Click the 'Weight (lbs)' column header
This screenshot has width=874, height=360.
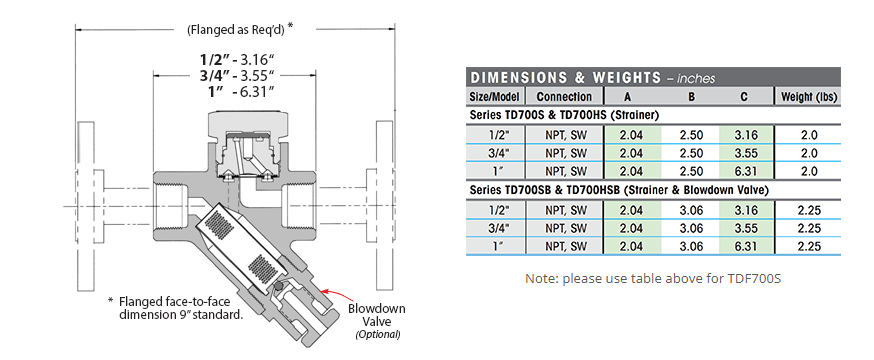click(x=808, y=96)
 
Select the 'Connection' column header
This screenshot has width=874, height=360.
click(x=564, y=96)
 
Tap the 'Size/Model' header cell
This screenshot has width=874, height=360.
click(x=494, y=96)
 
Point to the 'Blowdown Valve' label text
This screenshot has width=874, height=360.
click(x=376, y=315)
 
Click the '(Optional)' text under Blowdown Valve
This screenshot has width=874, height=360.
click(x=378, y=334)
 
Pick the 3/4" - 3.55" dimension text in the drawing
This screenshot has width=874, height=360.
click(x=235, y=75)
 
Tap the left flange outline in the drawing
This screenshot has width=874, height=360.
click(x=85, y=205)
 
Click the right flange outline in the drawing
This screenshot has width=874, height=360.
click(x=385, y=205)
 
